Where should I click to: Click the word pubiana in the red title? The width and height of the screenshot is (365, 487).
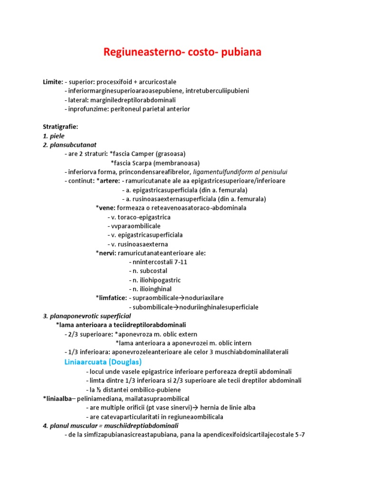(238, 52)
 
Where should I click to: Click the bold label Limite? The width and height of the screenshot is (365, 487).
(53, 82)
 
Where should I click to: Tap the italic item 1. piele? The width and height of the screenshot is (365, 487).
(54, 136)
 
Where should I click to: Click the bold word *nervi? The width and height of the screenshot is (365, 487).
(106, 253)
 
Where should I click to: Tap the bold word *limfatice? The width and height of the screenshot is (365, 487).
(111, 298)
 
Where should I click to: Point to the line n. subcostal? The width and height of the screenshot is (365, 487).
(148, 271)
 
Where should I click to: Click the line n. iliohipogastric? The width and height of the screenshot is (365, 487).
(155, 280)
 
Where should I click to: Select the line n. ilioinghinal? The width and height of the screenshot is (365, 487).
(150, 289)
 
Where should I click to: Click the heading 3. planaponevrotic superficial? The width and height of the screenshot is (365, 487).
(87, 316)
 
